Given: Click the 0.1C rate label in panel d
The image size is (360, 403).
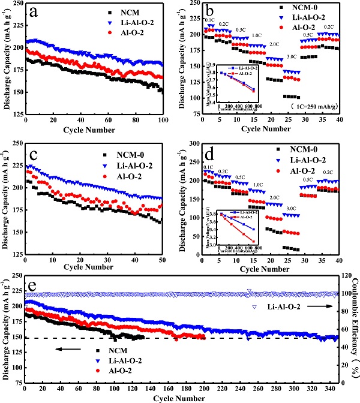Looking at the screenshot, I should tap(209, 167).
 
